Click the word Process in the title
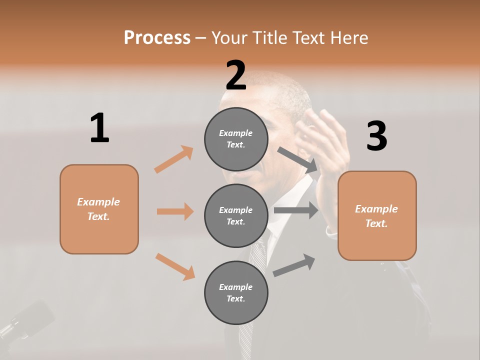(x=157, y=38)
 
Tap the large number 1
(x=99, y=128)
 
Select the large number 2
(x=236, y=75)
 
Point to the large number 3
(x=376, y=136)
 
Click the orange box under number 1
(x=99, y=209)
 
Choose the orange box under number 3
(x=377, y=215)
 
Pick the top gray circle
(x=236, y=139)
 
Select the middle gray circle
(x=236, y=215)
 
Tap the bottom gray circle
(x=236, y=292)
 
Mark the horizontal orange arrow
(x=175, y=211)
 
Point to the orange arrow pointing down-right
(x=175, y=266)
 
